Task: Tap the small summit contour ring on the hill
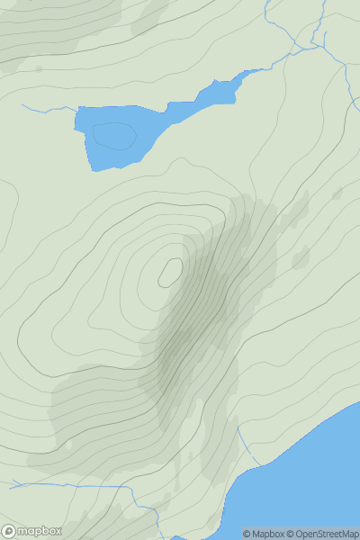click(170, 272)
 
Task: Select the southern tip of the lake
click(94, 166)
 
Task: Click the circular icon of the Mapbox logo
click(9, 532)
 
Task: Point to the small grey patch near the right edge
click(337, 193)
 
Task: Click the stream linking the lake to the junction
click(279, 61)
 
